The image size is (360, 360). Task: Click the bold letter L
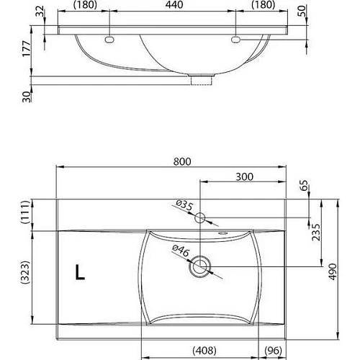pos(79,272)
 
